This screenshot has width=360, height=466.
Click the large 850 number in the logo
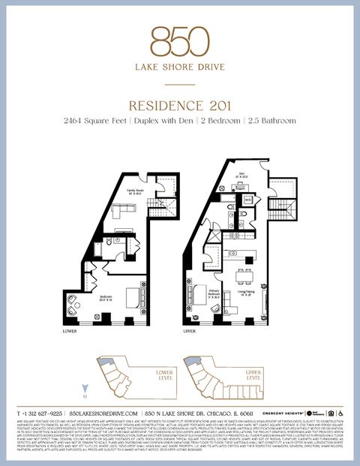pyautogui.click(x=179, y=41)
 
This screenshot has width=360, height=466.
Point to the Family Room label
pyautogui.click(x=135, y=191)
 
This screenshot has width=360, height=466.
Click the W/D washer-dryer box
pyautogui.click(x=247, y=200)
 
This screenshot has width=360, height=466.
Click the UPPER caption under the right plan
pyautogui.click(x=190, y=330)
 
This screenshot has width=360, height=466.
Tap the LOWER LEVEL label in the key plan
pyautogui.click(x=163, y=376)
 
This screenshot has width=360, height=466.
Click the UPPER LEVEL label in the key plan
pyautogui.click(x=253, y=376)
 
